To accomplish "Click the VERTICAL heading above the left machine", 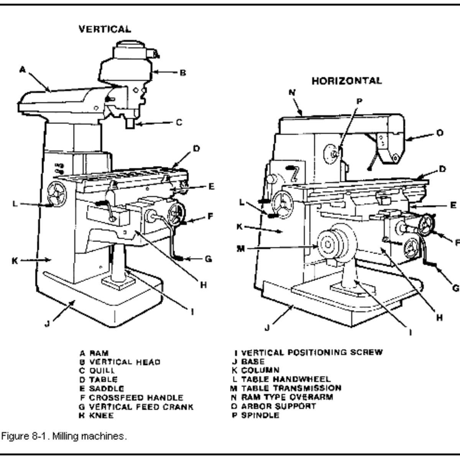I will (x=105, y=29).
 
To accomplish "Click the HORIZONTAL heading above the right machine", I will (x=347, y=81).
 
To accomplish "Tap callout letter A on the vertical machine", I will (x=23, y=70).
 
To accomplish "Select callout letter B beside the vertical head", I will (x=183, y=72).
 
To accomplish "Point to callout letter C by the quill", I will (x=179, y=123).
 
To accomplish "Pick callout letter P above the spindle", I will (x=359, y=102).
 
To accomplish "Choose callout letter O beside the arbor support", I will (x=440, y=133).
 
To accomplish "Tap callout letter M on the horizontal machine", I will (x=240, y=249).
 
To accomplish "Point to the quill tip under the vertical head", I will (x=131, y=123).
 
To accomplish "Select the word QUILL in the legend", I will (x=102, y=371).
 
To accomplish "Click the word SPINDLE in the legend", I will (x=260, y=415).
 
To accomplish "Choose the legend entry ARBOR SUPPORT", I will (x=279, y=406).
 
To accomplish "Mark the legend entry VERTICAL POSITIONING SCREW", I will (x=312, y=352).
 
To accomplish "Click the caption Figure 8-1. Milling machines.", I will (x=64, y=436).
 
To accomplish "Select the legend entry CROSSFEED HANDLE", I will (x=136, y=398).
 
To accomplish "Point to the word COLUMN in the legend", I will (x=260, y=370).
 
